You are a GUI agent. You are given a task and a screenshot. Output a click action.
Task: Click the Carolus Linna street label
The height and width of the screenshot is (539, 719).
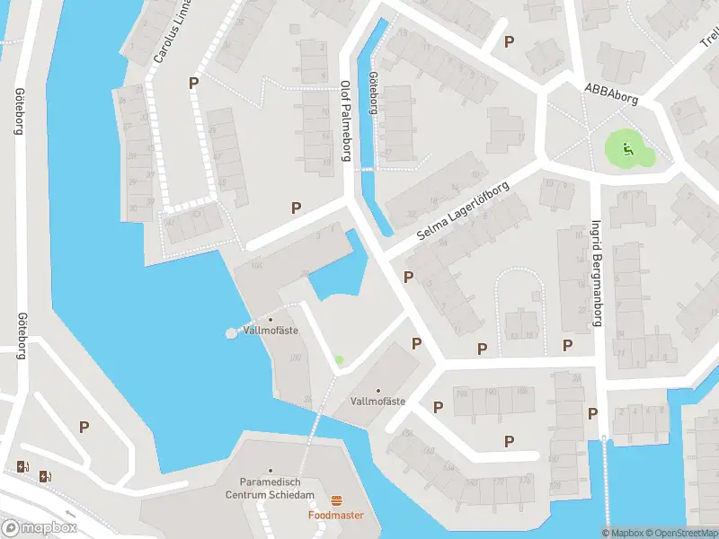[173, 31]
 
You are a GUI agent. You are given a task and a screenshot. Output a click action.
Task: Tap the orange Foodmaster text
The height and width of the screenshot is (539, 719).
[336, 516]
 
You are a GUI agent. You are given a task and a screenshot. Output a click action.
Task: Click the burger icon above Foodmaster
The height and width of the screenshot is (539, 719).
[337, 500]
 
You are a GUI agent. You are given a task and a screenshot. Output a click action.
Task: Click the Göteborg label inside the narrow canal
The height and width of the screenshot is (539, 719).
[372, 93]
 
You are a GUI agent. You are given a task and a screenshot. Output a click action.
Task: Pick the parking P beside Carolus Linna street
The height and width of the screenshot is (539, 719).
[193, 83]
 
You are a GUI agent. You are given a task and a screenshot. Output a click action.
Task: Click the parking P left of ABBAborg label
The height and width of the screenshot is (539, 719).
[510, 41]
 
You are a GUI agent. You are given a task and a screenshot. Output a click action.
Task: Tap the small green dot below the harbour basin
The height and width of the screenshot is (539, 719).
[339, 360]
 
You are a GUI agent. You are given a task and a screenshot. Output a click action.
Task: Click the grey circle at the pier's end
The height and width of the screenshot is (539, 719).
[231, 333]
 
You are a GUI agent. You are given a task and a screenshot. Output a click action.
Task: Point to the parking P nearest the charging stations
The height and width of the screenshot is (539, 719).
[84, 428]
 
